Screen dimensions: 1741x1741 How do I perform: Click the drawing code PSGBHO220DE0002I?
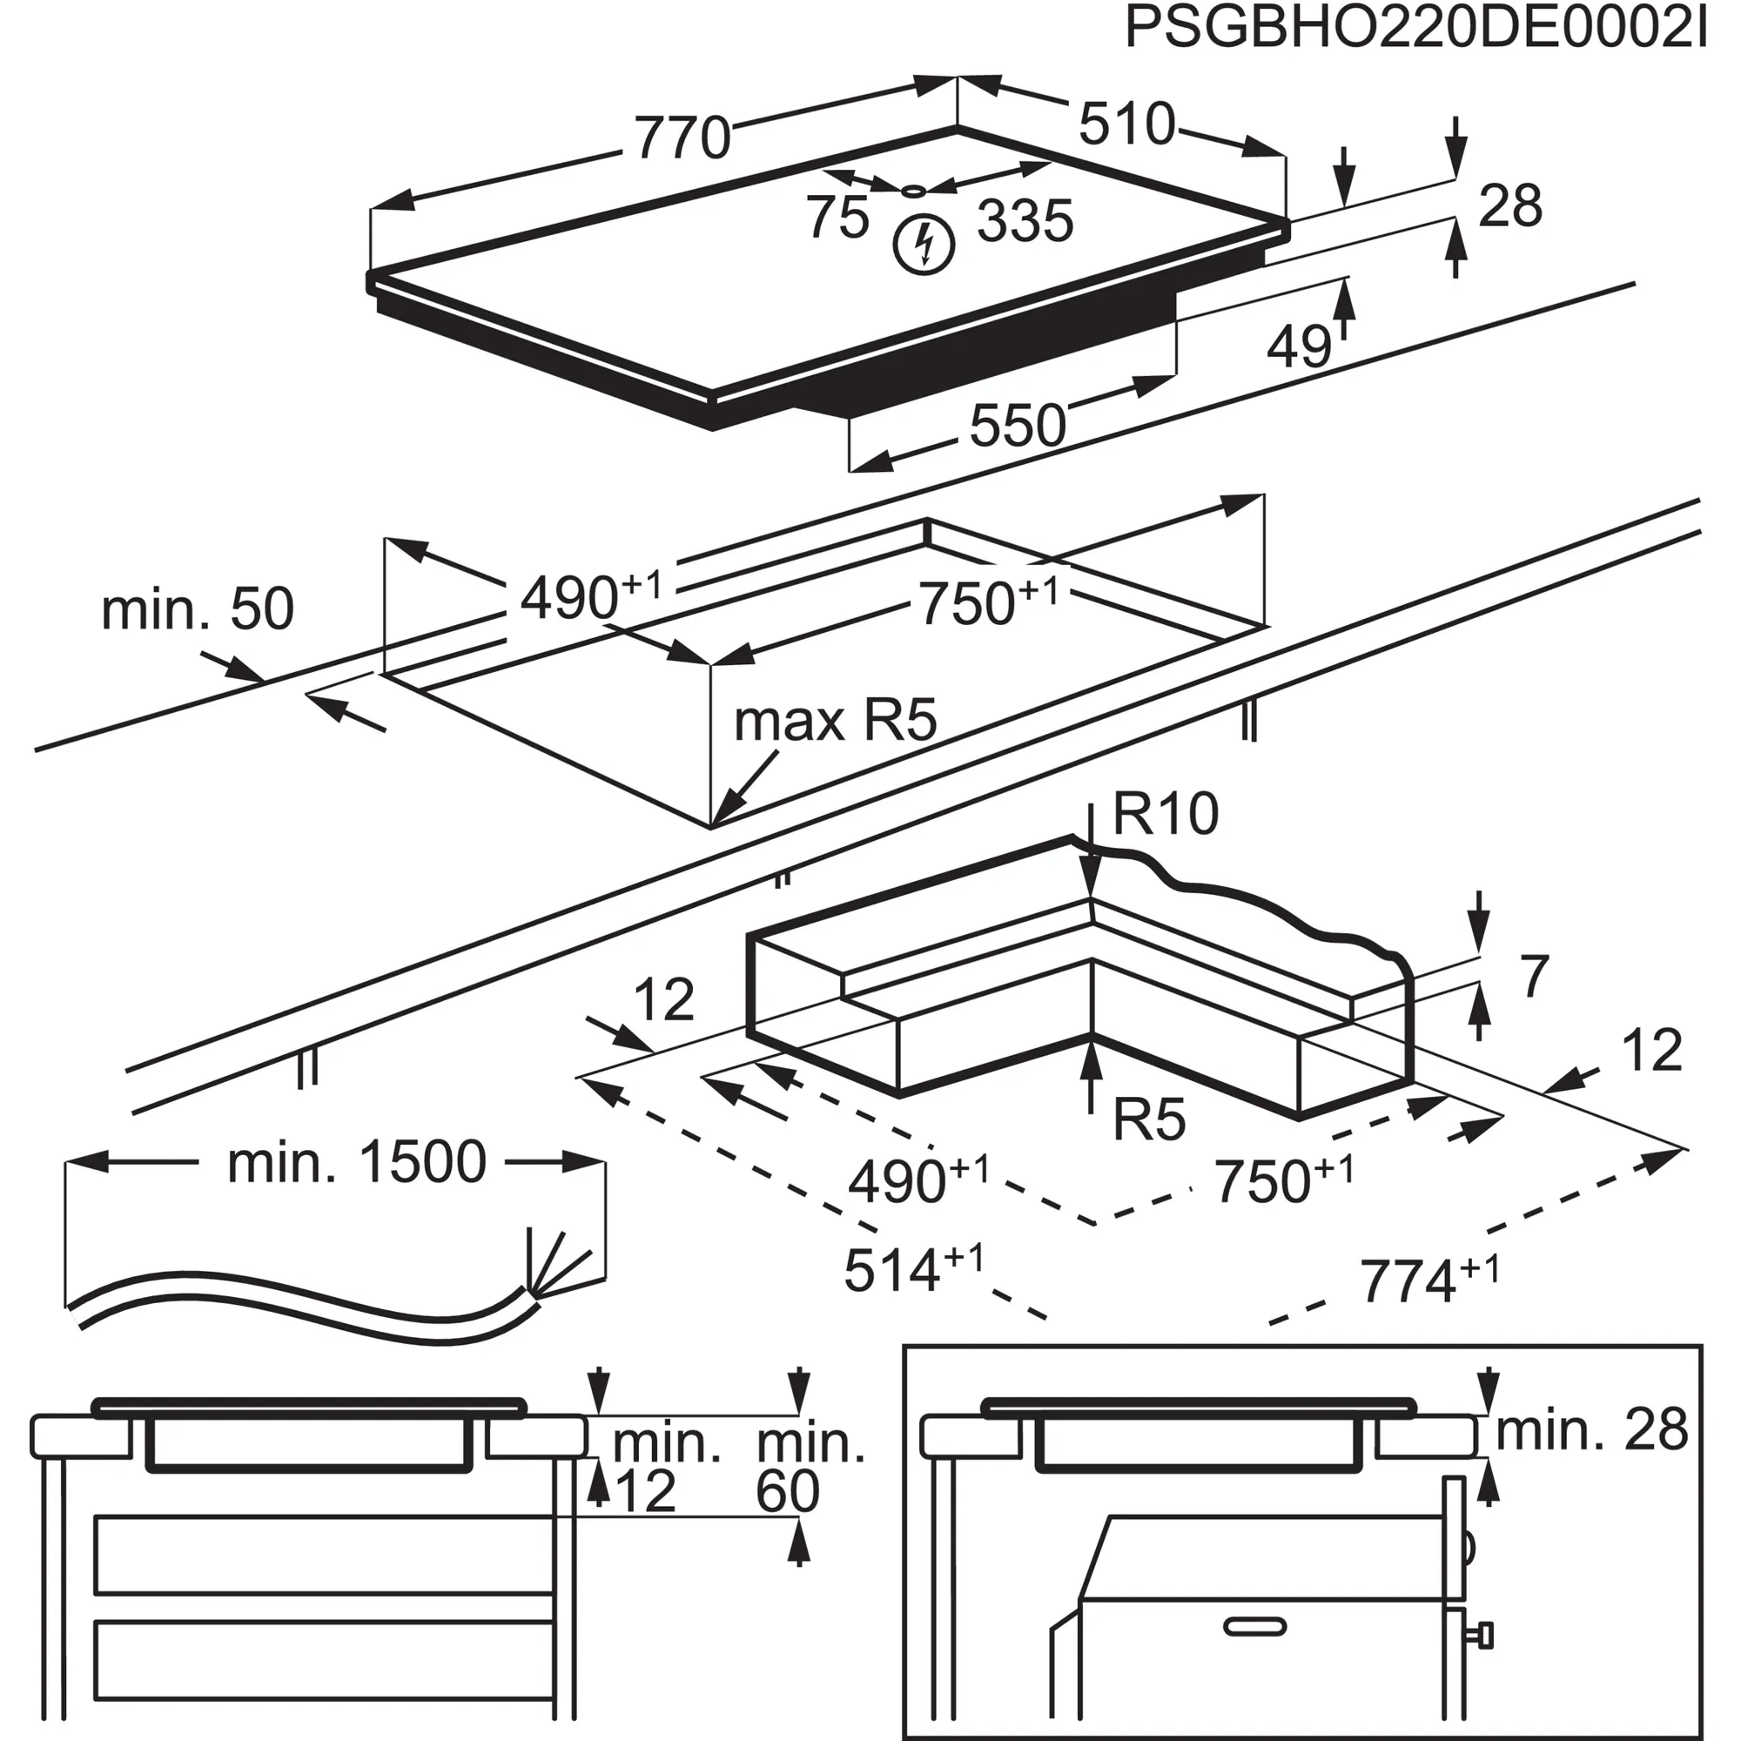click(1415, 29)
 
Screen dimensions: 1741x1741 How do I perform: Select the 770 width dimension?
click(682, 138)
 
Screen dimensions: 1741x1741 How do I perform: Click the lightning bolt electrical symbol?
click(924, 245)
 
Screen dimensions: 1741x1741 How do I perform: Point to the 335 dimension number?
click(1025, 221)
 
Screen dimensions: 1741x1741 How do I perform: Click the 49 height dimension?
click(1299, 346)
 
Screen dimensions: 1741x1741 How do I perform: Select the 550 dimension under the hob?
click(1018, 426)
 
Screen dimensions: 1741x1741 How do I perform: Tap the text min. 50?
click(198, 609)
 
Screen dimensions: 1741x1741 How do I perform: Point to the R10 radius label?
click(1166, 814)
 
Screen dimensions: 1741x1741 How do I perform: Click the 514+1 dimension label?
click(913, 1270)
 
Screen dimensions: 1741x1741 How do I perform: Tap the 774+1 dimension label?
click(1429, 1281)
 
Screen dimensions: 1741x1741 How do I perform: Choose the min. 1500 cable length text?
click(356, 1162)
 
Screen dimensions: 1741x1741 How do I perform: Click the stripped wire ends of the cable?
click(561, 1262)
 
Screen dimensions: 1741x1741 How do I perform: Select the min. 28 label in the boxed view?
click(1590, 1430)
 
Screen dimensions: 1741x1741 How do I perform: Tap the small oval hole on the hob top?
click(913, 190)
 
